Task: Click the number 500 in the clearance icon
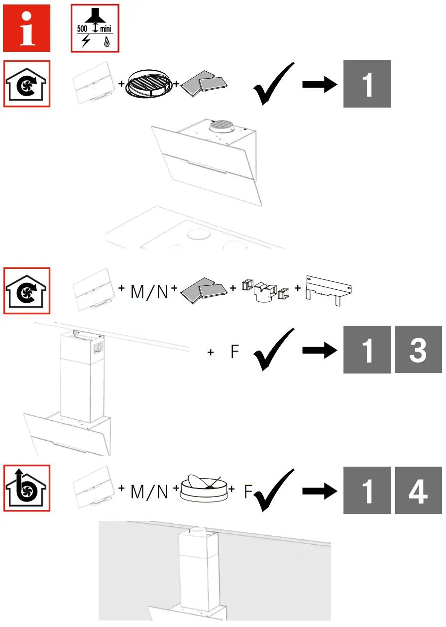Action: [82, 29]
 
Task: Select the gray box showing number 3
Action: [418, 350]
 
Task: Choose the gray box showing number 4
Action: [418, 490]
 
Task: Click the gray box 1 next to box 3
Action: [367, 350]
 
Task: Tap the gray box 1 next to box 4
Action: [367, 490]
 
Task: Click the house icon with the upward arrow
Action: [27, 488]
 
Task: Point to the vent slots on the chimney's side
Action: [99, 346]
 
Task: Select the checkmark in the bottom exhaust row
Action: [273, 491]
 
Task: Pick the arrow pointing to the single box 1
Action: [320, 84]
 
